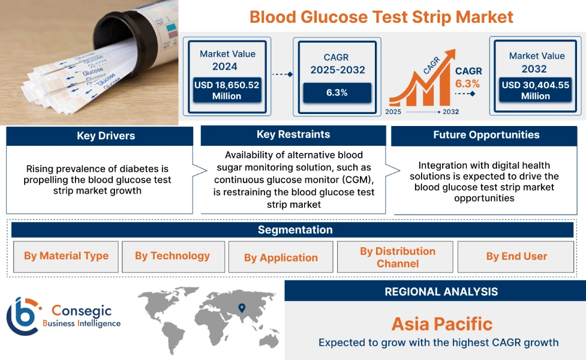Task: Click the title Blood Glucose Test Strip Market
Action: click(381, 16)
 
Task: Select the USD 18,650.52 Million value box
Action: click(227, 91)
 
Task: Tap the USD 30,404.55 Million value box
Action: click(535, 91)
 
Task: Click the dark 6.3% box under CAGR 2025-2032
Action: click(336, 92)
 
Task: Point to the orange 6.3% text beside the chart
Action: click(467, 83)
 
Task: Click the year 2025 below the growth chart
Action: click(393, 112)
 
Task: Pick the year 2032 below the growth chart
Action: click(450, 112)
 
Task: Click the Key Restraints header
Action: click(293, 135)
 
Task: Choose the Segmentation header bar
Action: click(294, 230)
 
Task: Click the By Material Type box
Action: click(66, 256)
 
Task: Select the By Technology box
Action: click(173, 256)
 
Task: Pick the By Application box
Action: click(281, 257)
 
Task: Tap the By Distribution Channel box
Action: click(397, 257)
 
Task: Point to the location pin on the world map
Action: click(242, 308)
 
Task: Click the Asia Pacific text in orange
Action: click(441, 324)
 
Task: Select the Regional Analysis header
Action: click(441, 292)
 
